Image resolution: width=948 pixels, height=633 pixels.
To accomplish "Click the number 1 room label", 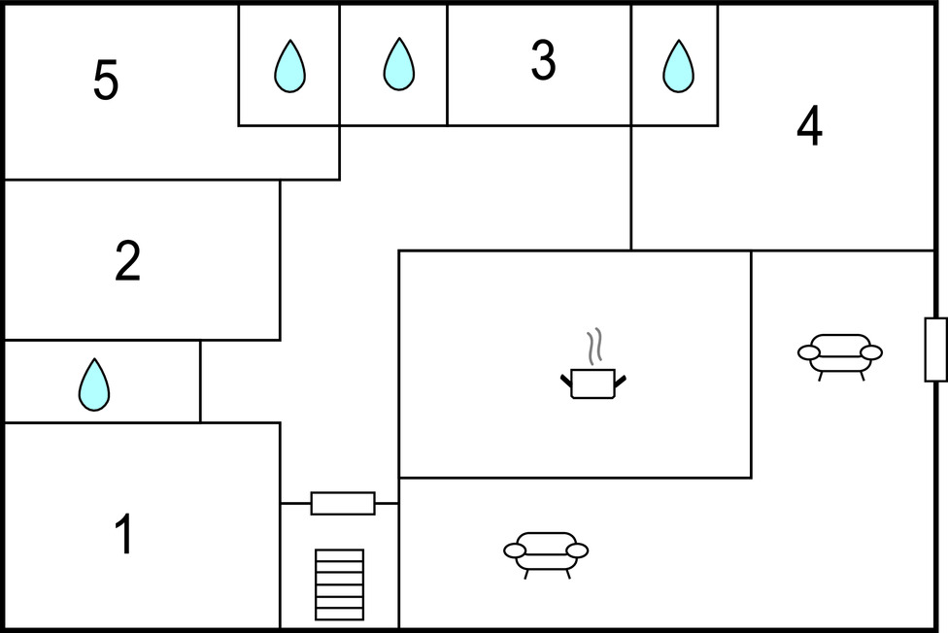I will coord(123,536).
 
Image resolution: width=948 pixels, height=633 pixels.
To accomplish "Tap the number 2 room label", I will coord(127,261).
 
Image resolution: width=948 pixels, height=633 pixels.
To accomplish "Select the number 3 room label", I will coord(543,61).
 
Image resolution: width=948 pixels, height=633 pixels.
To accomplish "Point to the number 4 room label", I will coord(809,127).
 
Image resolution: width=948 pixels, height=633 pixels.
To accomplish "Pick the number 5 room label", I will coord(106,82).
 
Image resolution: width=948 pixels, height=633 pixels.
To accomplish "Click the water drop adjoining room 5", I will coord(289,66).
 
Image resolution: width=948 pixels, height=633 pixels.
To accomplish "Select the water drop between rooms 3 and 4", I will coord(678,66).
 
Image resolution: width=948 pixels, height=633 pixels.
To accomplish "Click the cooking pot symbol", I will coord(592,383).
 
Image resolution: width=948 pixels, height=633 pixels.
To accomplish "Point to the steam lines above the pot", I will coord(594,346).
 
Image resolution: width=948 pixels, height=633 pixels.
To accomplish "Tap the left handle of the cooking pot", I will coord(566,380).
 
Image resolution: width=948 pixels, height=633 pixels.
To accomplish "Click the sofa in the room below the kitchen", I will coord(546,553).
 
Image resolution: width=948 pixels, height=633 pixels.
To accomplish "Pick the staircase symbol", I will coord(340,584).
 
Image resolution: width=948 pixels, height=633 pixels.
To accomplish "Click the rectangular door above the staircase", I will coord(343,503).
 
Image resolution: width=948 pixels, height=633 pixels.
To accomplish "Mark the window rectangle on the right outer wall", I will coord(935,350).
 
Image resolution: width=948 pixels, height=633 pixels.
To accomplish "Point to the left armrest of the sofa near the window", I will coord(808,352).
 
